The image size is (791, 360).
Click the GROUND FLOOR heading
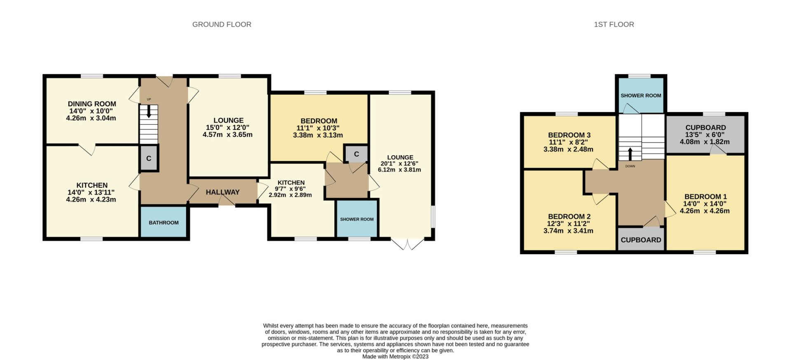(x=222, y=24)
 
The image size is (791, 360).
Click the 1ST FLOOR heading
(x=614, y=24)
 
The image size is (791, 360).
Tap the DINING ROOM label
(x=92, y=104)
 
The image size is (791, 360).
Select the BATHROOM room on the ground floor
(x=164, y=222)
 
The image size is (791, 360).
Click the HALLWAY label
(x=222, y=192)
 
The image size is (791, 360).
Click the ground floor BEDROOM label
(x=319, y=121)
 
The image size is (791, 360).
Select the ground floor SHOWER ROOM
(x=357, y=219)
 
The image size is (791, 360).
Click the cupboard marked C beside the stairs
(x=149, y=158)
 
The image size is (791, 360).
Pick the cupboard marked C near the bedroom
(x=356, y=154)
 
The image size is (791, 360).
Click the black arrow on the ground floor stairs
(x=149, y=111)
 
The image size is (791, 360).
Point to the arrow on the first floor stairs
(x=630, y=154)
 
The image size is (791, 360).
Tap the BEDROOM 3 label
(x=569, y=135)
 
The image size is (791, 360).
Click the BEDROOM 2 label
(x=569, y=217)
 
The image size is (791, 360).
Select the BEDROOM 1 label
(x=705, y=196)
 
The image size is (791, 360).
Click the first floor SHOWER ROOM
(x=641, y=95)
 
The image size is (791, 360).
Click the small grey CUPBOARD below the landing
(x=641, y=239)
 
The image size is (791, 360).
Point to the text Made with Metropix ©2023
(x=395, y=357)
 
